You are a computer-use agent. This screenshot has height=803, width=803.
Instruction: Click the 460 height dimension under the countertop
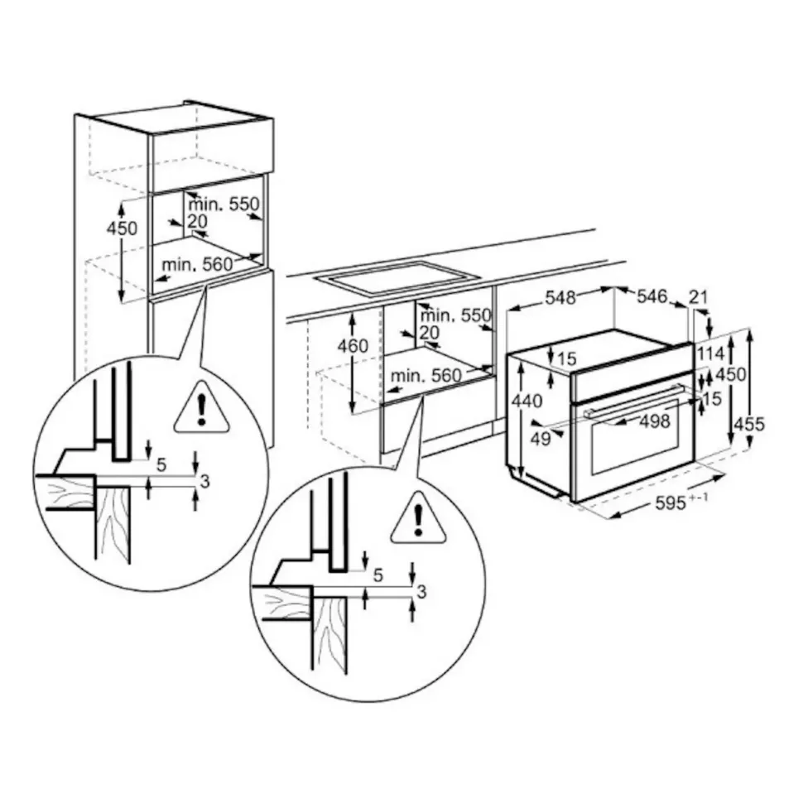coord(353,346)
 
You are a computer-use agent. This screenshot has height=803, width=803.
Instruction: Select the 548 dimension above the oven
coord(560,298)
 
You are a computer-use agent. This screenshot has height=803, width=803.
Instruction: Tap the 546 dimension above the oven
coord(652,296)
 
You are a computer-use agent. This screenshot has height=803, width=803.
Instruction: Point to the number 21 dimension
coord(700,297)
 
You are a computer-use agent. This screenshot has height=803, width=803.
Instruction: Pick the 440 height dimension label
coord(527,401)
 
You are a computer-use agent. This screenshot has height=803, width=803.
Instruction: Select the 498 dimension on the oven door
coord(654,422)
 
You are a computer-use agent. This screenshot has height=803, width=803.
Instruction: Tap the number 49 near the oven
coord(541,440)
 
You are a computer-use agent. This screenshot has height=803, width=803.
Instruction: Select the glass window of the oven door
coord(633,443)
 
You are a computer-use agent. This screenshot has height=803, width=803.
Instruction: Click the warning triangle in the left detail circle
coord(201,409)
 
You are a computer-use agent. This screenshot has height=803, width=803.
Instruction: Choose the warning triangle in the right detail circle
coord(418,520)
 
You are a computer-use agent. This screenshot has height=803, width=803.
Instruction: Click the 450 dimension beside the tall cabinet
coord(123,228)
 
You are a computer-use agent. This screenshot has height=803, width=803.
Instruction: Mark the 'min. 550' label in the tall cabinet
coord(224,204)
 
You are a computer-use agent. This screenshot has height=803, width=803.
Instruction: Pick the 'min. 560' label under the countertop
coord(426,376)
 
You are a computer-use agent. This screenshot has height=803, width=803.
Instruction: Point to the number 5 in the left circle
coord(161,465)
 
